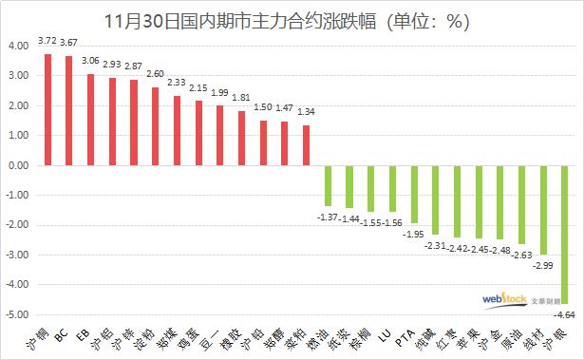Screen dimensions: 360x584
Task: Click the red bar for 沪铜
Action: (x=47, y=109)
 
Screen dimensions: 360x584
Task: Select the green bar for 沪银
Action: (x=566, y=234)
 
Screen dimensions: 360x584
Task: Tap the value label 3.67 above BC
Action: (x=69, y=44)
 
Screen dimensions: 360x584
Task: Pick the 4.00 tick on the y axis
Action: (x=18, y=46)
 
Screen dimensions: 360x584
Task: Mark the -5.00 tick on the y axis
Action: (x=17, y=314)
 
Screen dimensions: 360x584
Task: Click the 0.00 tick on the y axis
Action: (x=18, y=165)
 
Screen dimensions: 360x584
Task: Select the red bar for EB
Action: (x=91, y=120)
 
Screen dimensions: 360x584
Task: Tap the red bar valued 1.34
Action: (x=307, y=145)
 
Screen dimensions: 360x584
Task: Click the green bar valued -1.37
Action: (x=328, y=185)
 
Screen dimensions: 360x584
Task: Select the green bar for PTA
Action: (x=415, y=194)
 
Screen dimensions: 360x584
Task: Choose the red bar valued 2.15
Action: (x=198, y=133)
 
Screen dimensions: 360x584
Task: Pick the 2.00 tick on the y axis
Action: (x=18, y=105)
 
